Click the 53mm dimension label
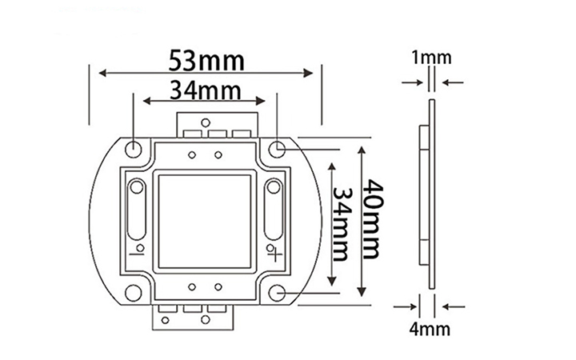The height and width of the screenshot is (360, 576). (x=206, y=60)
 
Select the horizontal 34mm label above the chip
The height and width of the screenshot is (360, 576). (x=204, y=89)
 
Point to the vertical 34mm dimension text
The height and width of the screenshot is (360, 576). (x=339, y=224)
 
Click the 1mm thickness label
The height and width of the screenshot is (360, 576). (x=431, y=58)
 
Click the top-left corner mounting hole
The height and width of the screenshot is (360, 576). (x=133, y=148)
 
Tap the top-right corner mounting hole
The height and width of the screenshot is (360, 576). (x=277, y=149)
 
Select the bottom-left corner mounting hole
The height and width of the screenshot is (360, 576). (x=133, y=293)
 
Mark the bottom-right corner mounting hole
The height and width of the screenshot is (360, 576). (x=277, y=293)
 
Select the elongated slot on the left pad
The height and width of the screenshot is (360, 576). (x=137, y=212)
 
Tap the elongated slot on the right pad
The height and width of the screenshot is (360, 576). (x=274, y=212)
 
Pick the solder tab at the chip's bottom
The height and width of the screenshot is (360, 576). (x=193, y=316)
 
